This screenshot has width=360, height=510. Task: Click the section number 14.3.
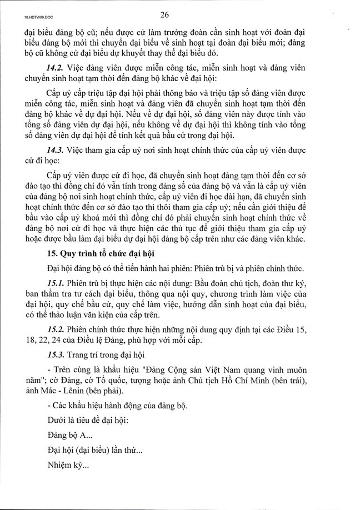coord(57,151)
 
